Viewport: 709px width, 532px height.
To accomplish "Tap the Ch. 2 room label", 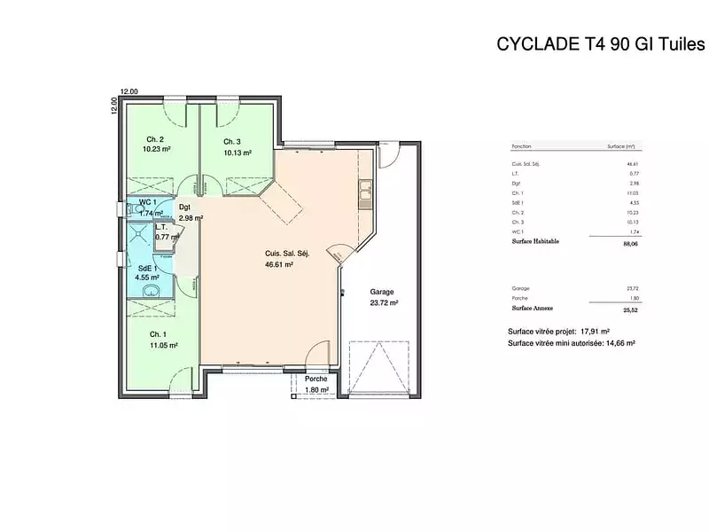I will (x=155, y=140).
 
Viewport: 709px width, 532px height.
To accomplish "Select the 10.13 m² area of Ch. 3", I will (x=238, y=153).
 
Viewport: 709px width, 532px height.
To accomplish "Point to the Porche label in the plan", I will (x=316, y=379).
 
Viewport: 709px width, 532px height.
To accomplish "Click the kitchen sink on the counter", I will (x=364, y=189).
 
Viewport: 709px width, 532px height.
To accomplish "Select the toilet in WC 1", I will (x=129, y=209).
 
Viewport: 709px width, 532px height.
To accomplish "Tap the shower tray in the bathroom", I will (x=137, y=234).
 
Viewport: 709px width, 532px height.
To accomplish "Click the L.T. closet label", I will (x=162, y=227).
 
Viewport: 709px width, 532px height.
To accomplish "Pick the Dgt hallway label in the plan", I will (x=185, y=207).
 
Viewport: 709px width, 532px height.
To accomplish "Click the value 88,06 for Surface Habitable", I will (x=631, y=242).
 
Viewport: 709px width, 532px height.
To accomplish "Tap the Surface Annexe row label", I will (x=533, y=309).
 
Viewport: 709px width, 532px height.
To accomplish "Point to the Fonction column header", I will (x=522, y=146).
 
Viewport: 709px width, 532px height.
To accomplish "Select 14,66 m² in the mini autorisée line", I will (x=619, y=342).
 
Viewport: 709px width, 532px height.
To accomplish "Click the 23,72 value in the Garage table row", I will (x=632, y=289).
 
